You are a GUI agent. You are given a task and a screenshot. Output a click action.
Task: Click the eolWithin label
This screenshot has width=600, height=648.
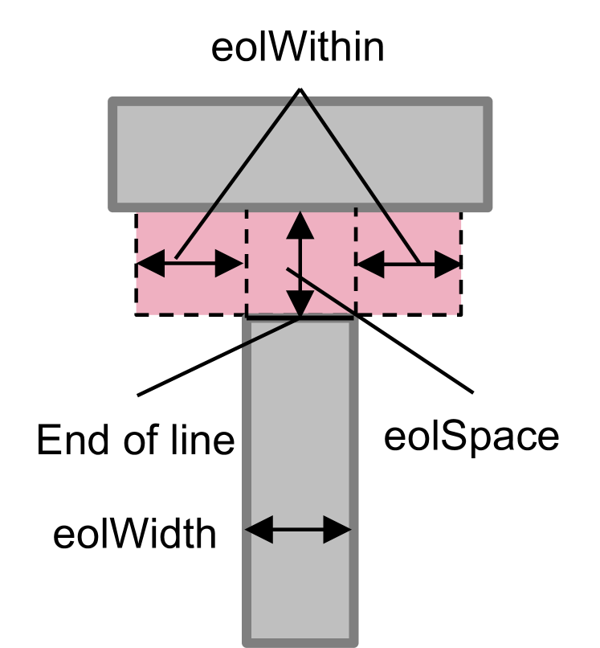click(297, 48)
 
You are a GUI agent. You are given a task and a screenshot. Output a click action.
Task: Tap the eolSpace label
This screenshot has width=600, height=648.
click(471, 437)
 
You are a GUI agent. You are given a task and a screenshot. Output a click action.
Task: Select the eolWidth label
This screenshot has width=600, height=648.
click(135, 533)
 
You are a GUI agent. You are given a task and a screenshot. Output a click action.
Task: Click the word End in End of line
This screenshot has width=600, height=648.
click(71, 440)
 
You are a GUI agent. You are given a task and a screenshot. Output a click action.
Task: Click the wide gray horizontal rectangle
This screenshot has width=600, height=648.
click(300, 153)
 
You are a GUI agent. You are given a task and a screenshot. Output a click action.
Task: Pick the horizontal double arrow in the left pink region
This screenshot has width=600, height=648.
click(190, 264)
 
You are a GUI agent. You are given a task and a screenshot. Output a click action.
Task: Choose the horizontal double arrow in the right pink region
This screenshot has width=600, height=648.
click(408, 264)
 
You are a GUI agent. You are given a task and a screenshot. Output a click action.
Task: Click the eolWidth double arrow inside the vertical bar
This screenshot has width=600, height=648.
click(299, 530)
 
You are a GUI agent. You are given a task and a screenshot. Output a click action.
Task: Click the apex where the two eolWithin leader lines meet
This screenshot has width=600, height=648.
click(300, 89)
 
